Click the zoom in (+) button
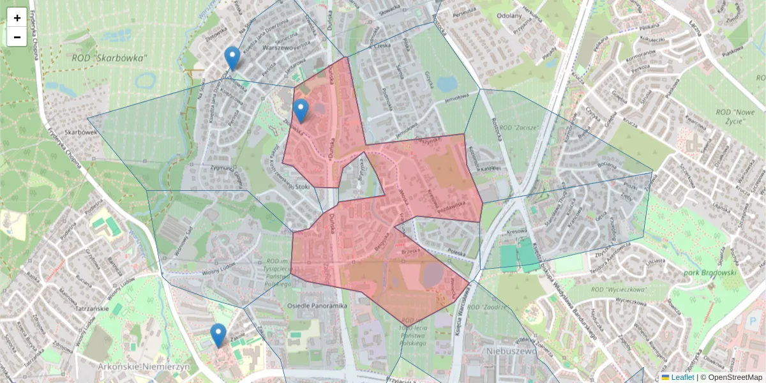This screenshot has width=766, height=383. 17,18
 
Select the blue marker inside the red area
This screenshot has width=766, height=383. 301,110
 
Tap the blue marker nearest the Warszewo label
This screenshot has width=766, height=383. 233,58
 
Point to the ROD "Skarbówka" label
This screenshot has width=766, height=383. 109,58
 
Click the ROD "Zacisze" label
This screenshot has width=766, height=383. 520,128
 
